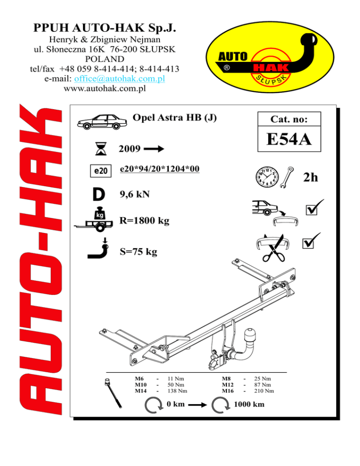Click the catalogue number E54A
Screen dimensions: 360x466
click(x=290, y=140)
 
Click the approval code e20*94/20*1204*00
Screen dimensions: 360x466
click(x=160, y=168)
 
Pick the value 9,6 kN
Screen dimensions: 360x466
click(x=135, y=194)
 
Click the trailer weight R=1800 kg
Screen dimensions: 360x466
click(x=144, y=220)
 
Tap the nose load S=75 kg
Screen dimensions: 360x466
click(x=139, y=252)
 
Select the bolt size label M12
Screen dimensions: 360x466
click(x=228, y=384)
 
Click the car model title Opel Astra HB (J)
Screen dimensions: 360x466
click(x=175, y=117)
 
